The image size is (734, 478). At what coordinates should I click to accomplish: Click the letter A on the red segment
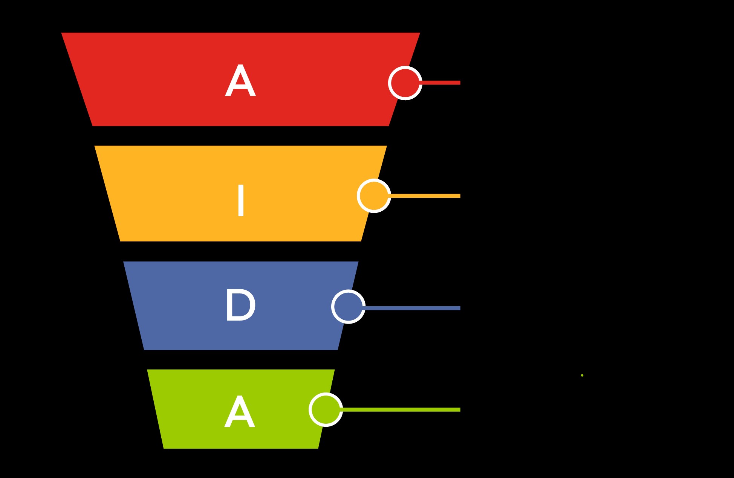click(x=240, y=81)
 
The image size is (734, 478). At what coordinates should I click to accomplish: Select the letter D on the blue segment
click(x=240, y=305)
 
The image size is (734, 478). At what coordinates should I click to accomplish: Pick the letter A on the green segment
click(x=240, y=412)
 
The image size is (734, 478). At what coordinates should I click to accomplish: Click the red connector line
click(x=440, y=82)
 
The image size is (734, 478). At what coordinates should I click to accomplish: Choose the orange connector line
click(x=425, y=196)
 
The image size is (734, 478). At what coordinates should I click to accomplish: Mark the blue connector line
click(x=412, y=308)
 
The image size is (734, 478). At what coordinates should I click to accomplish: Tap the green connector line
click(x=401, y=409)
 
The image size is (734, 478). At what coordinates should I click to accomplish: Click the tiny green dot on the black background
click(x=582, y=375)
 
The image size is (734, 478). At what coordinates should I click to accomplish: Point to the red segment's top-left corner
click(x=61, y=33)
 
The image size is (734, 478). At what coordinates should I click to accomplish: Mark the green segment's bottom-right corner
click(x=318, y=448)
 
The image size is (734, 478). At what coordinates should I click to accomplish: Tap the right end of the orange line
click(x=460, y=196)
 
